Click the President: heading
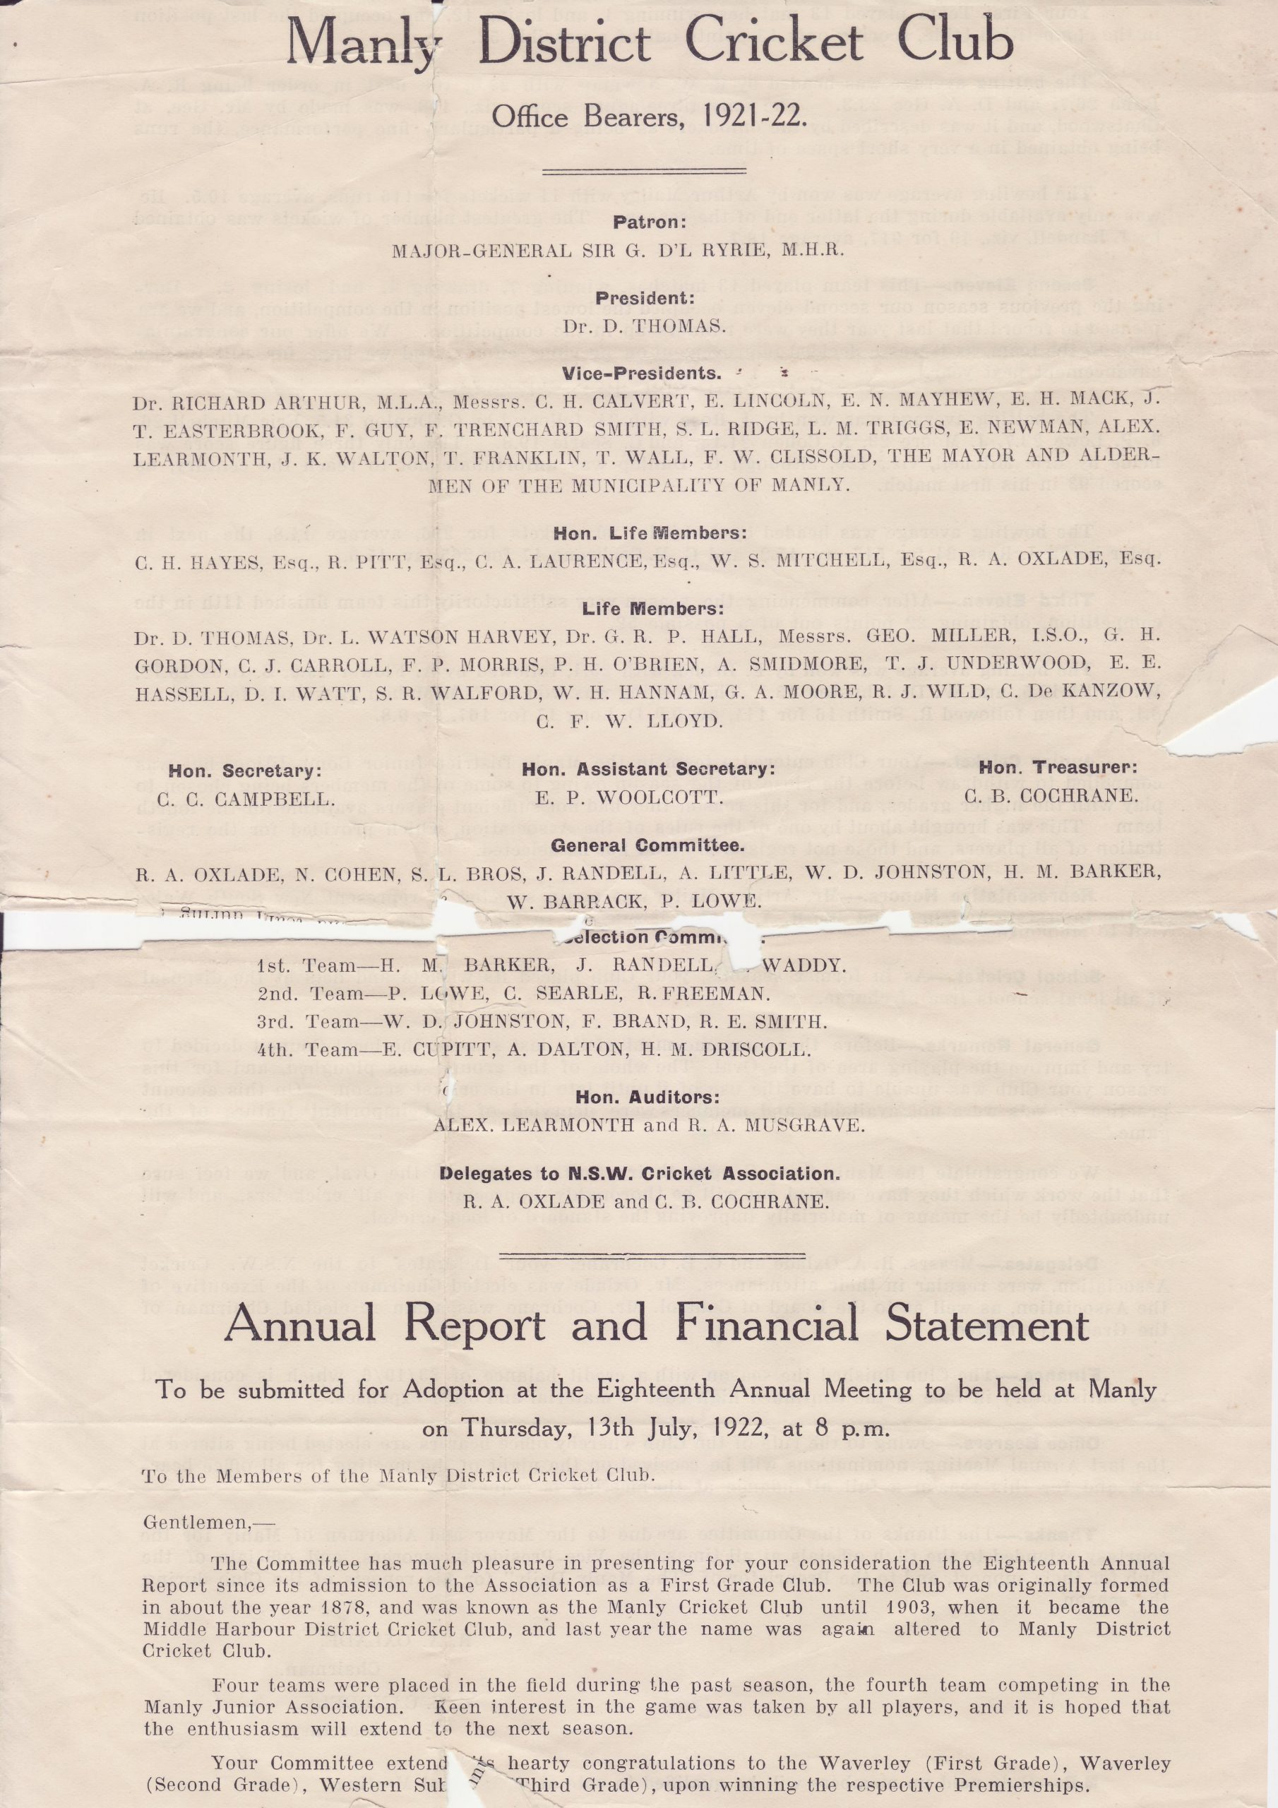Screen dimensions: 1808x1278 point(645,299)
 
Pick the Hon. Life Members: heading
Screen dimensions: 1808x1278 point(650,533)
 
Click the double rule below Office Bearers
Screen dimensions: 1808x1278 point(644,170)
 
